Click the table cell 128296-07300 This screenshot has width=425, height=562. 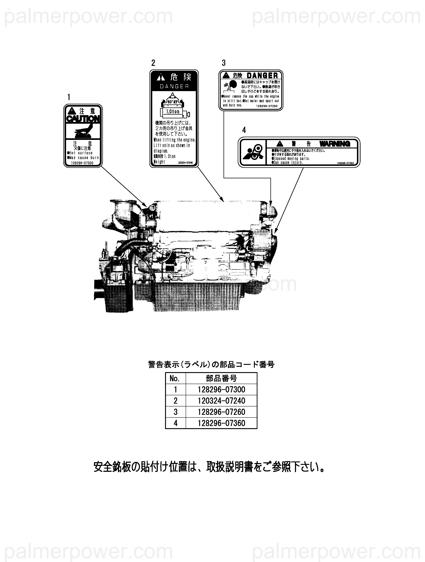click(221, 390)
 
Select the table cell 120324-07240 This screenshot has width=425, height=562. click(221, 401)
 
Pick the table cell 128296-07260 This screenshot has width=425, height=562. click(221, 412)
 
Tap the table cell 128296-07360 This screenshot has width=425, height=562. click(221, 423)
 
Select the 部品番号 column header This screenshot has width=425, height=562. click(221, 379)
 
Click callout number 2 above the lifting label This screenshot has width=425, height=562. click(153, 63)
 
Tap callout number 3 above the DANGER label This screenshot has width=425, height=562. click(224, 63)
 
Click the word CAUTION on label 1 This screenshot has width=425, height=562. click(83, 119)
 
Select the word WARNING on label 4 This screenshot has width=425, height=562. click(335, 144)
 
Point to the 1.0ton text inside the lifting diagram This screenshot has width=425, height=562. click(173, 112)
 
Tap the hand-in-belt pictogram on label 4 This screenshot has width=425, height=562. click(252, 153)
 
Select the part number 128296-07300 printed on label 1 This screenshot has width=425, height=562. click(83, 163)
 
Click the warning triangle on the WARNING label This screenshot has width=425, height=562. click(280, 144)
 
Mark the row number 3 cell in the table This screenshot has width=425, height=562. click(175, 412)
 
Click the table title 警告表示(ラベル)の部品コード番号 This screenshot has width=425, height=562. click(211, 365)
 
